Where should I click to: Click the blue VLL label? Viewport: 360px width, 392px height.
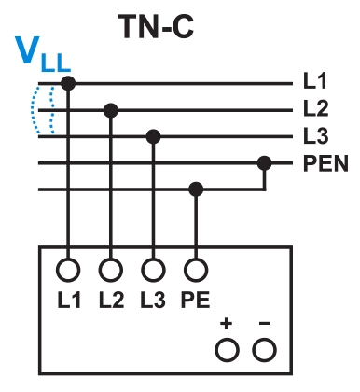pyautogui.click(x=42, y=58)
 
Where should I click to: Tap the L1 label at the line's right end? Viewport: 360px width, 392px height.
pyautogui.click(x=315, y=83)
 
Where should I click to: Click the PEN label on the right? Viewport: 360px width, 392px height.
pyautogui.click(x=325, y=164)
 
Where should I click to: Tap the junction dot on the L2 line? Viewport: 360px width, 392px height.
pyautogui.click(x=111, y=110)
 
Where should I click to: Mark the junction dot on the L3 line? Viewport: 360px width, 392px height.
pyautogui.click(x=153, y=137)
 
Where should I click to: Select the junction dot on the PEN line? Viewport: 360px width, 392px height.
pyautogui.click(x=265, y=163)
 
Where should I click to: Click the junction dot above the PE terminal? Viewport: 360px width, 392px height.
pyautogui.click(x=196, y=190)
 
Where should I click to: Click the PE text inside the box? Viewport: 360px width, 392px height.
pyautogui.click(x=196, y=301)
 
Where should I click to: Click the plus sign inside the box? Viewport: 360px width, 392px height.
pyautogui.click(x=227, y=325)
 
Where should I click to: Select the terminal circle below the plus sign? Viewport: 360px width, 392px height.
pyautogui.click(x=227, y=350)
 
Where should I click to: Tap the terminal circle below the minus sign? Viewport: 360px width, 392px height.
pyautogui.click(x=265, y=350)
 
